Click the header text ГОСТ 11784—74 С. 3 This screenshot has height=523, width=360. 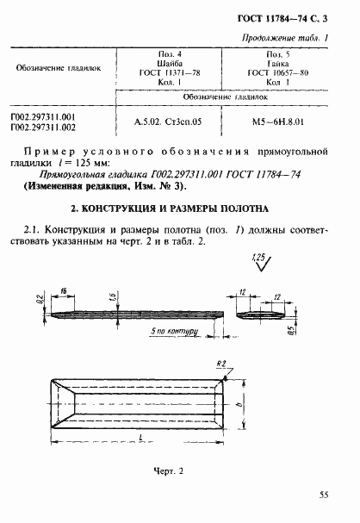(289, 18)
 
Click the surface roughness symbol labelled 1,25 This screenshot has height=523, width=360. (261, 261)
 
